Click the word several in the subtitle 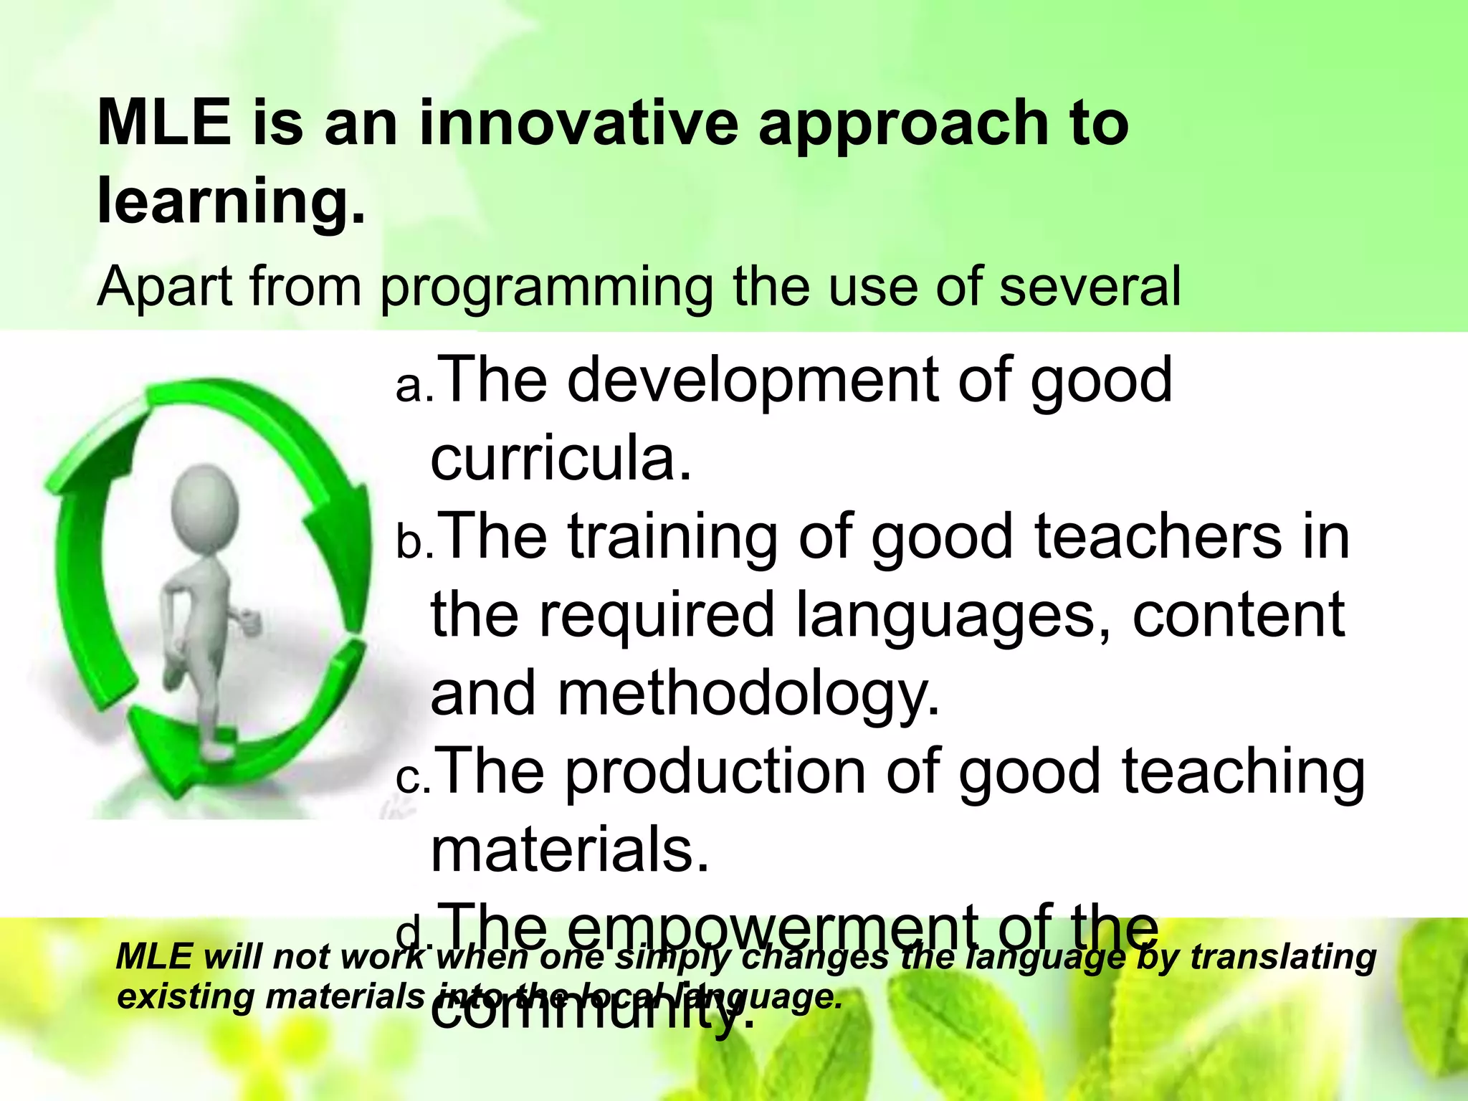tap(1090, 287)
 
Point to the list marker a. tap(414, 387)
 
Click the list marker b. tap(414, 543)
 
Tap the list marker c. tap(414, 778)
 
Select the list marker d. tap(414, 934)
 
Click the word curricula tap(561, 459)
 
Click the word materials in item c tap(570, 850)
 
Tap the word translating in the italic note tap(1283, 957)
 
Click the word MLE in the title tap(164, 123)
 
